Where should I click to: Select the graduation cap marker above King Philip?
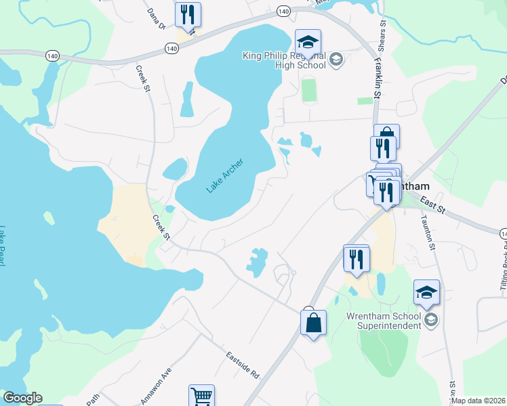click(x=308, y=43)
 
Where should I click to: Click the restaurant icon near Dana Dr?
click(x=186, y=14)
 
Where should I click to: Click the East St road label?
click(x=431, y=204)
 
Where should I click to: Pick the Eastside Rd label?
click(x=243, y=365)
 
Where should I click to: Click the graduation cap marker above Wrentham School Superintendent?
click(x=426, y=293)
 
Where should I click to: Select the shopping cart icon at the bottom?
click(x=201, y=397)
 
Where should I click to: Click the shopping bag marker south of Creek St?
click(x=313, y=323)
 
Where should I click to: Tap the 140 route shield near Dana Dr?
click(x=171, y=49)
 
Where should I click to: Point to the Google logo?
click(x=22, y=398)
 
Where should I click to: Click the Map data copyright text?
click(x=479, y=401)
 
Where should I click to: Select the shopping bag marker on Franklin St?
click(x=386, y=135)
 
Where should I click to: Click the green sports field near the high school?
click(x=308, y=91)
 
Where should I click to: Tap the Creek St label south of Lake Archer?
click(x=160, y=227)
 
